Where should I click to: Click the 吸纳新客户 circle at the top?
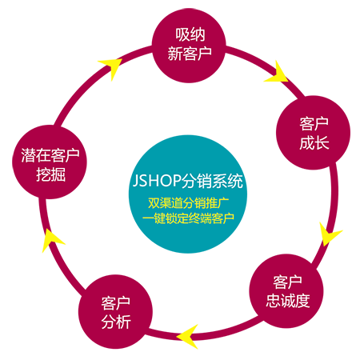click(189, 46)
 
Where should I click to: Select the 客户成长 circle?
click(313, 133)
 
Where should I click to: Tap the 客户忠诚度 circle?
click(286, 291)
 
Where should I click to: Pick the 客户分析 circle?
click(115, 311)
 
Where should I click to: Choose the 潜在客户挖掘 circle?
click(50, 162)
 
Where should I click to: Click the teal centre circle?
click(188, 194)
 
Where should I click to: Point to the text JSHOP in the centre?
click(157, 181)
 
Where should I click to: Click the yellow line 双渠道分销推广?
click(189, 203)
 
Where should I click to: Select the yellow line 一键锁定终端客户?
click(188, 218)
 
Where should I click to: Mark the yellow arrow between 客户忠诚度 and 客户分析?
click(189, 336)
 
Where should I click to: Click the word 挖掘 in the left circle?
click(50, 174)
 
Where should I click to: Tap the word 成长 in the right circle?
click(314, 142)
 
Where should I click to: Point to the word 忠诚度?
click(288, 301)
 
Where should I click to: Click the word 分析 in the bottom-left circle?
click(116, 322)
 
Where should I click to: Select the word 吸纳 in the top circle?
click(190, 34)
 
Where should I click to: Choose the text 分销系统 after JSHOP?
click(213, 181)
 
